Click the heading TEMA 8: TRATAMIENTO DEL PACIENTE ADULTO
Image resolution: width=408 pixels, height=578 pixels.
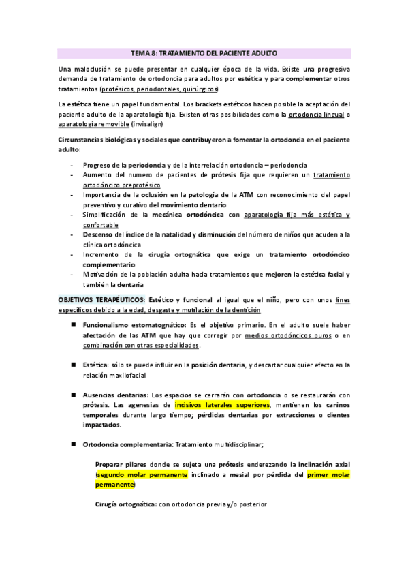204,52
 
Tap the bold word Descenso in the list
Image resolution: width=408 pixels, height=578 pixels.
100,234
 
